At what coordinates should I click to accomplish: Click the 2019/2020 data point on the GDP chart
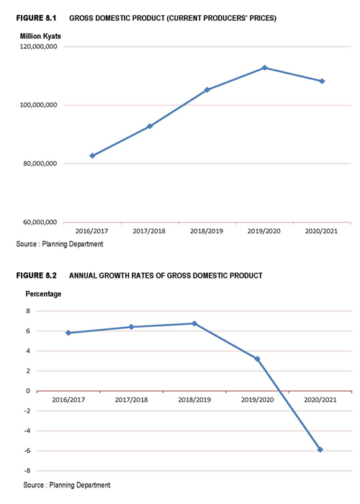(x=264, y=68)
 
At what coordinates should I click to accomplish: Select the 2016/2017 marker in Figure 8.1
(x=93, y=156)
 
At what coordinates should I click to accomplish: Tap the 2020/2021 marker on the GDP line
(x=322, y=81)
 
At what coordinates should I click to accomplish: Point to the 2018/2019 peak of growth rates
(x=194, y=323)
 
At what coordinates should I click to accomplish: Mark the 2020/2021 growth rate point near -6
(x=320, y=449)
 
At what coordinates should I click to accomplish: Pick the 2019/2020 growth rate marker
(x=257, y=359)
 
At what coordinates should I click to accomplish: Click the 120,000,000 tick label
(x=39, y=47)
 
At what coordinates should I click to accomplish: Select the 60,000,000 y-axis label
(x=40, y=222)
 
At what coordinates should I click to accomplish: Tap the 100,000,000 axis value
(x=39, y=105)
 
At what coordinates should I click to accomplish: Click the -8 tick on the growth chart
(x=27, y=471)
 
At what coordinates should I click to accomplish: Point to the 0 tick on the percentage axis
(x=28, y=391)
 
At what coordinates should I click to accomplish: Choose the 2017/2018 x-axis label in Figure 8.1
(x=149, y=231)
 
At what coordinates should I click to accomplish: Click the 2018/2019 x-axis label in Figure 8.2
(x=194, y=400)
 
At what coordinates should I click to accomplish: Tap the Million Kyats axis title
(x=40, y=36)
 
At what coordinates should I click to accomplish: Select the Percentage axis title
(x=43, y=294)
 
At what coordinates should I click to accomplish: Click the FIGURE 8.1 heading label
(x=36, y=18)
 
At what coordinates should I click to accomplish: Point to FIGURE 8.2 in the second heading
(x=36, y=276)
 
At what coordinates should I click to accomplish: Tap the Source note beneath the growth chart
(x=67, y=485)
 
